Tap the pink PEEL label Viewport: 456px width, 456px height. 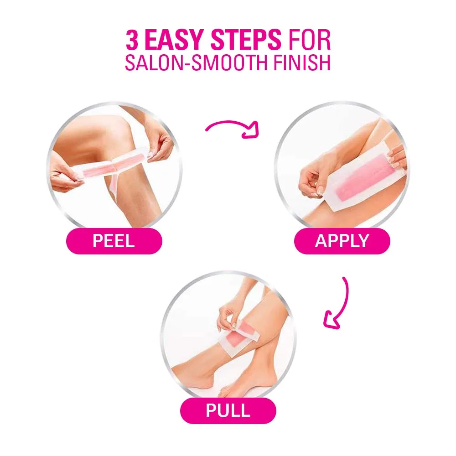click(114, 241)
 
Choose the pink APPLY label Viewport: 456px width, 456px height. click(342, 241)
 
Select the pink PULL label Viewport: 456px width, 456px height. click(228, 410)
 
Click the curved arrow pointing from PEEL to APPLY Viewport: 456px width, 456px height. click(232, 128)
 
